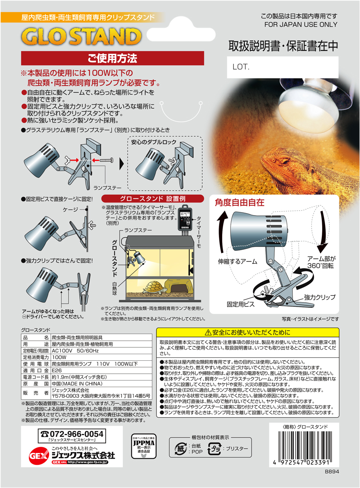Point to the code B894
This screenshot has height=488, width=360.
pos(332,472)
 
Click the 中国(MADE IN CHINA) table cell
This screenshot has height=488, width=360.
pos(77,384)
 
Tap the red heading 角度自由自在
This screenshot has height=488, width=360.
pos(240,202)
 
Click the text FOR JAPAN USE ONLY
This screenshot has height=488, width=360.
pos(301,24)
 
